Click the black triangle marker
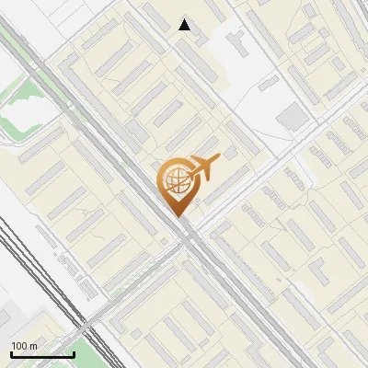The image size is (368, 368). coord(185,25)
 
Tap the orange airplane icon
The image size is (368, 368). coord(203,168)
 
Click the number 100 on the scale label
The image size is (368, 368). coord(19,346)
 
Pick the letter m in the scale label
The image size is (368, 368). coord(32,346)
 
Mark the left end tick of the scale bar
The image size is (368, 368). coord(11,353)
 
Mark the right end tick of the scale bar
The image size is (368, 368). coord(74,353)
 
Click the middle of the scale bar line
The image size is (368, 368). coord(42,355)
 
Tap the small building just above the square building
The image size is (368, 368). coord(268,84)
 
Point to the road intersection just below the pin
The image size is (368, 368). coord(187,235)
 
